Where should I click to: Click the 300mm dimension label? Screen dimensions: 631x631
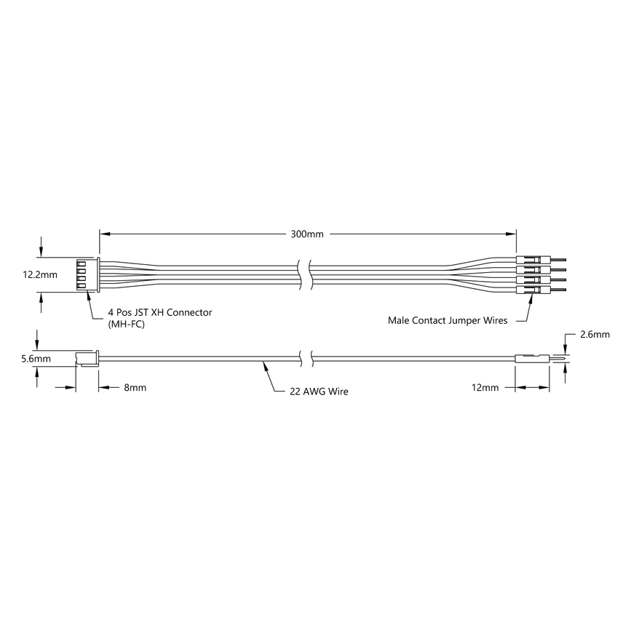point(307,234)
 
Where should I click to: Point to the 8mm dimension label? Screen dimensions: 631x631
point(135,388)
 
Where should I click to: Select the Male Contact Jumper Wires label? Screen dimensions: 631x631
point(448,320)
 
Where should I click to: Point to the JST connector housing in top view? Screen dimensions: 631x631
point(87,275)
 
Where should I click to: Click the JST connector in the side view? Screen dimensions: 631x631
point(87,358)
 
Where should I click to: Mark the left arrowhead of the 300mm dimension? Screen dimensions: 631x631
point(104,234)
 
